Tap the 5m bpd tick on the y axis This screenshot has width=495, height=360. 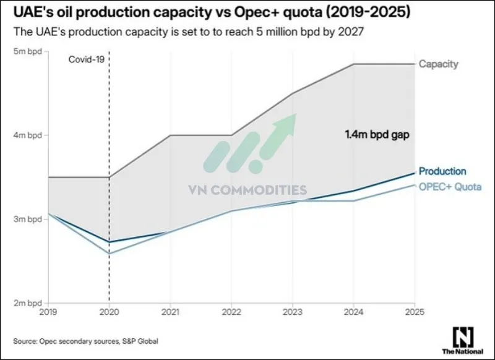[28, 52]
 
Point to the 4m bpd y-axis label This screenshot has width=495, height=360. [28, 135]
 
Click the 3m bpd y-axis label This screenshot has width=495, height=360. [28, 219]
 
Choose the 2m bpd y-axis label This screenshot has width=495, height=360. [28, 303]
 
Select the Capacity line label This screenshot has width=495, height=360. [439, 64]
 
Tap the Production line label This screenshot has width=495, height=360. [442, 171]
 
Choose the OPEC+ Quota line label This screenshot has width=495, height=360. [450, 187]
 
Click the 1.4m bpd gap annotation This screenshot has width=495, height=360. [376, 134]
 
